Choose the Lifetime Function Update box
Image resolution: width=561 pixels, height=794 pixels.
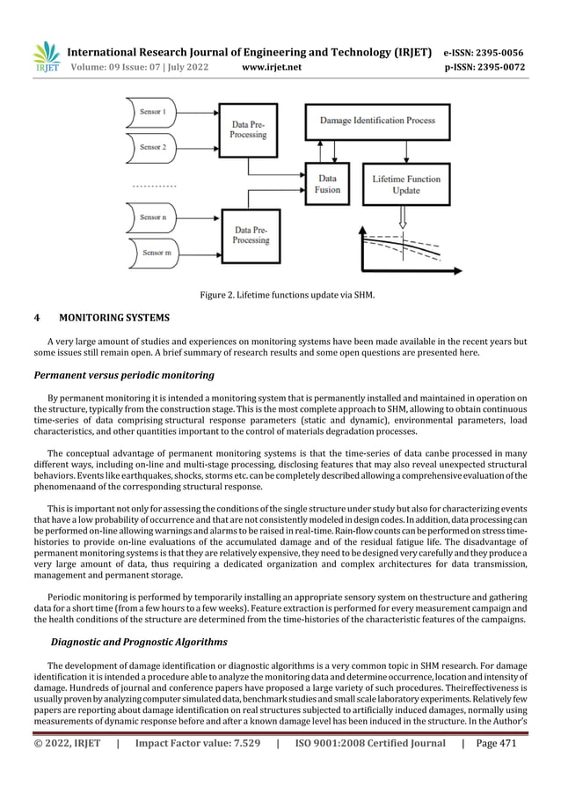tap(401, 185)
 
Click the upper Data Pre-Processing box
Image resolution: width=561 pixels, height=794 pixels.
tap(249, 130)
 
